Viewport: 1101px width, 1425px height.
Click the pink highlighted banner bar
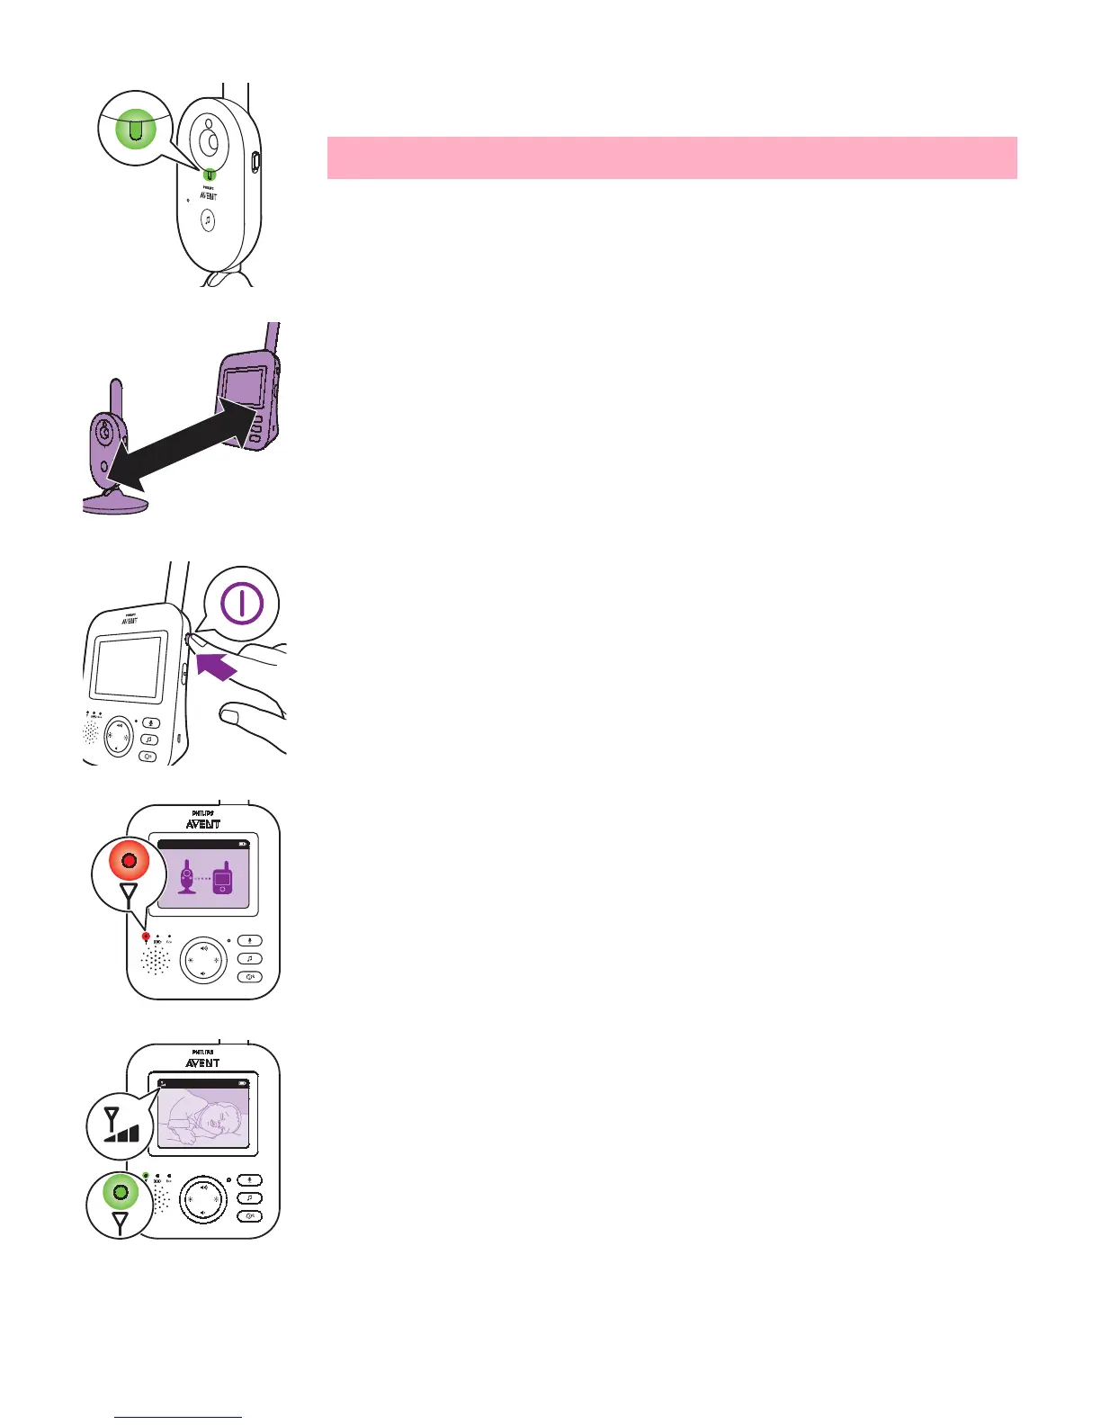(671, 157)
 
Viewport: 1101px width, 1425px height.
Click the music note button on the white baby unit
(208, 220)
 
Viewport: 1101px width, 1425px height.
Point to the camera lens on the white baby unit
(210, 141)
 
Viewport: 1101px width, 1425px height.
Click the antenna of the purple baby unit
(116, 396)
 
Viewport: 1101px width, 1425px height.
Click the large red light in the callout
(129, 861)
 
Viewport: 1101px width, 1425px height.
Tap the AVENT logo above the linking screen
(203, 824)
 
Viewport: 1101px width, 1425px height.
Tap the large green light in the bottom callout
(120, 1193)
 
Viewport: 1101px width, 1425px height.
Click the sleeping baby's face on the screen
(214, 1118)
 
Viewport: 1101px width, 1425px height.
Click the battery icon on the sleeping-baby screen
(243, 1083)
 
